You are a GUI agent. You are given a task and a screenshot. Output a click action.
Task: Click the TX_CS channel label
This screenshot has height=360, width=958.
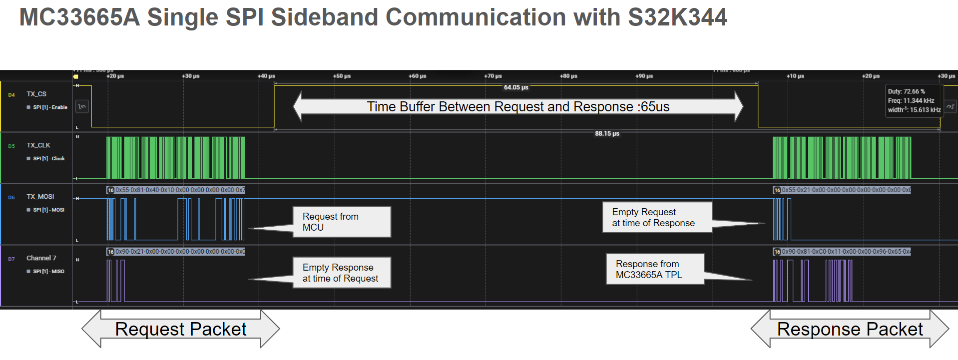pos(36,94)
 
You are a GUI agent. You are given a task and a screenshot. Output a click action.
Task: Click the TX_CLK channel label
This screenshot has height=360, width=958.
pos(38,145)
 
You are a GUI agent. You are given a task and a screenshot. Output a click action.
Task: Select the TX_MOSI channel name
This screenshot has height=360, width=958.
pos(40,197)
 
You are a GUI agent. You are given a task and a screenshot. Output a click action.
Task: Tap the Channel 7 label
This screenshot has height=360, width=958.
pos(41,258)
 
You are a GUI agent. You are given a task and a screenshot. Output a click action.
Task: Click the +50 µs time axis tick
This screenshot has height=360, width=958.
pos(342,76)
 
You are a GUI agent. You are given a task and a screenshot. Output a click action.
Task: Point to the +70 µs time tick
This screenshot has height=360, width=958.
pos(492,76)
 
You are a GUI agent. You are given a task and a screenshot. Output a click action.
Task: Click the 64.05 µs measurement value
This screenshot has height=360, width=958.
pos(516,87)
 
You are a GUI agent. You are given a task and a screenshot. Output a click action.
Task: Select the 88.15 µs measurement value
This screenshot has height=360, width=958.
pos(607,134)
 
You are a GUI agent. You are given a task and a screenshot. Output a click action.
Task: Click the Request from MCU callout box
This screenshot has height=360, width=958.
pos(341,222)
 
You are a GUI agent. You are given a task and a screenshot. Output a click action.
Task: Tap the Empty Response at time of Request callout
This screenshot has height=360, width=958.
pos(341,273)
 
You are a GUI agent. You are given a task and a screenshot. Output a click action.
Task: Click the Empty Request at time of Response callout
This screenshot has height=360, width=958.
pos(656,218)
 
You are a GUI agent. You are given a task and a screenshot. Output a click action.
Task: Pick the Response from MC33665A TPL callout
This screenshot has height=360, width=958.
pos(654,269)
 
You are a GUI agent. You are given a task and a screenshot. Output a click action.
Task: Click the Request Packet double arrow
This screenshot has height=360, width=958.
pos(180,329)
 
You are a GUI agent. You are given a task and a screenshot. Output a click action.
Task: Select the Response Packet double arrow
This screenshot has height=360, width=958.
pos(850,329)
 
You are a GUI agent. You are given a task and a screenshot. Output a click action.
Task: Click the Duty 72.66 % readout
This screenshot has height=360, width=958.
pos(906,91)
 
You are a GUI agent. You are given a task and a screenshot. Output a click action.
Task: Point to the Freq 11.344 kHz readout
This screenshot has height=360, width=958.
pos(911,100)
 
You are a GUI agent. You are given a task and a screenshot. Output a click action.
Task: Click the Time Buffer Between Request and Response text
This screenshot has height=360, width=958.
pos(518,106)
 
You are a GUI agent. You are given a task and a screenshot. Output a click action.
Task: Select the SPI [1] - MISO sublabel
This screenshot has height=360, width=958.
pos(48,272)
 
